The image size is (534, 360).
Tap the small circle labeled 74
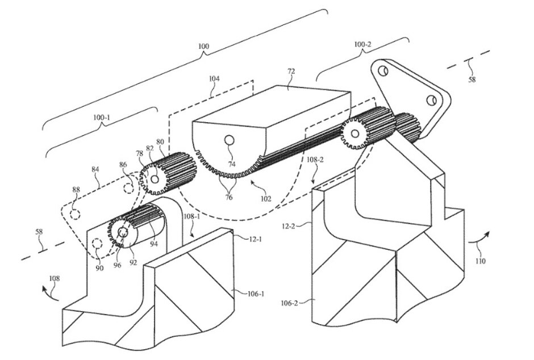click(230, 140)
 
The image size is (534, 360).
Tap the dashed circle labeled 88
click(74, 214)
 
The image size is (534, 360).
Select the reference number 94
click(154, 244)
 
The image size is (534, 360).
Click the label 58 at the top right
click(472, 80)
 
